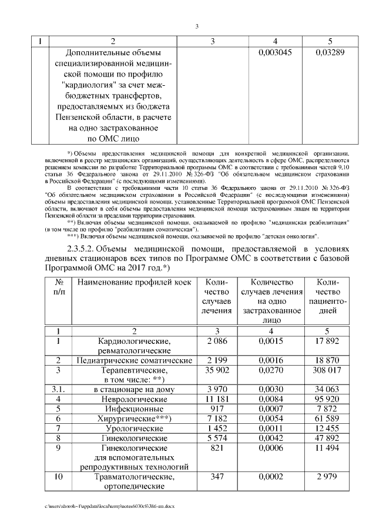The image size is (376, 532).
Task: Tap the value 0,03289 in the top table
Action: click(329, 52)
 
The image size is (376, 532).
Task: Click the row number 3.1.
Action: click(58, 389)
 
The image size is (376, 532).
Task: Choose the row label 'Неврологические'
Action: click(135, 399)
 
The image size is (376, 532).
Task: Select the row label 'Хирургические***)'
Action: click(135, 419)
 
